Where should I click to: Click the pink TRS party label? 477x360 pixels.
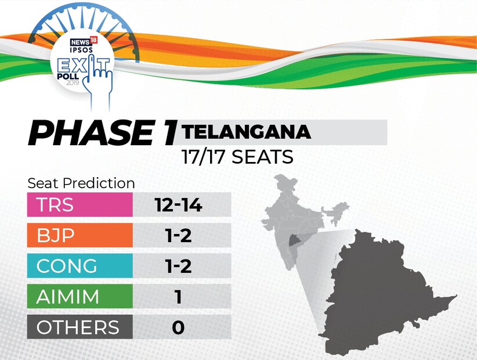pyautogui.click(x=79, y=204)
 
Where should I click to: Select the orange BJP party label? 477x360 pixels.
pyautogui.click(x=79, y=235)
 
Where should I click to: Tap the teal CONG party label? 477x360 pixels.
pyautogui.click(x=79, y=266)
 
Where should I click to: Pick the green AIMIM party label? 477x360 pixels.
pyautogui.click(x=79, y=296)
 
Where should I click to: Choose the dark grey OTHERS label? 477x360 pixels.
pyautogui.click(x=79, y=327)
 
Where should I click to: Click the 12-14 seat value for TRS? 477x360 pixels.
pyautogui.click(x=178, y=205)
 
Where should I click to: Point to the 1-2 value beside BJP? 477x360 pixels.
pyautogui.click(x=179, y=235)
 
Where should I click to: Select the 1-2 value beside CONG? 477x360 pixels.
pyautogui.click(x=179, y=266)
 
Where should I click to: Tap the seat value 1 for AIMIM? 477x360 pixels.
pyautogui.click(x=179, y=296)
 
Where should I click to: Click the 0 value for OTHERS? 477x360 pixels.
pyautogui.click(x=178, y=327)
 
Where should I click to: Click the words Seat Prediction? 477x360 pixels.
pyautogui.click(x=81, y=183)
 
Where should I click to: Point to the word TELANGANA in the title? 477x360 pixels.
pyautogui.click(x=246, y=132)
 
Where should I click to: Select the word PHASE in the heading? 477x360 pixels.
pyautogui.click(x=91, y=133)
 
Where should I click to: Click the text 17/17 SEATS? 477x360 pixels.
pyautogui.click(x=237, y=157)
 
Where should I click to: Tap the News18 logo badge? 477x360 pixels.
pyautogui.click(x=84, y=42)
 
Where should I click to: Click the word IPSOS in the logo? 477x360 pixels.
pyautogui.click(x=81, y=49)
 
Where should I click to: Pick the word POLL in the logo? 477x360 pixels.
pyautogui.click(x=68, y=76)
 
